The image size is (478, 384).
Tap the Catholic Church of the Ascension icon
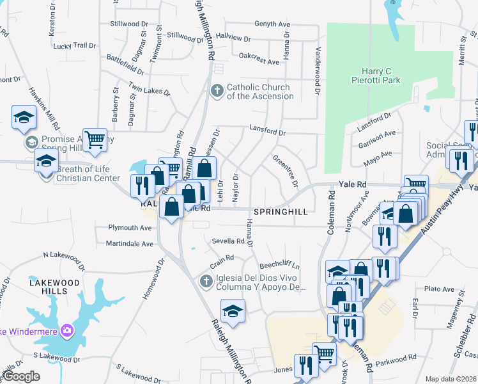tap(217, 91)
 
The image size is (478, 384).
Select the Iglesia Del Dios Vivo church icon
tap(206, 282)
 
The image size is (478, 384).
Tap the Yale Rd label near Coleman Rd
tap(353, 184)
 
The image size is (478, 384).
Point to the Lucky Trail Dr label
tap(74, 46)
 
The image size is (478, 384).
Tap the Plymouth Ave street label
tap(130, 228)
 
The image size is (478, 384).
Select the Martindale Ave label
tap(130, 244)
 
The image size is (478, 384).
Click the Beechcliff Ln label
tap(279, 266)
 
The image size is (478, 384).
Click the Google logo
tap(21, 376)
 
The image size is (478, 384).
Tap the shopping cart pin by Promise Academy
tap(95, 139)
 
